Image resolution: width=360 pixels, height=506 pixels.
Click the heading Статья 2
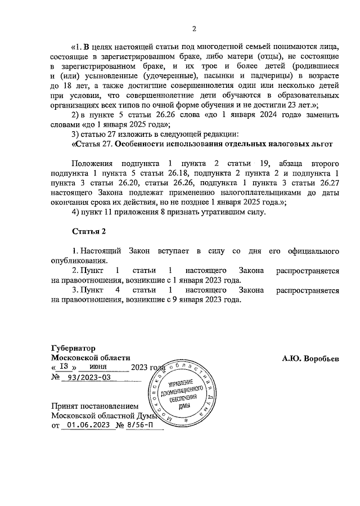pos(89,231)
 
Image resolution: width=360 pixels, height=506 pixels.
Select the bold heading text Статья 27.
pos(92,144)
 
